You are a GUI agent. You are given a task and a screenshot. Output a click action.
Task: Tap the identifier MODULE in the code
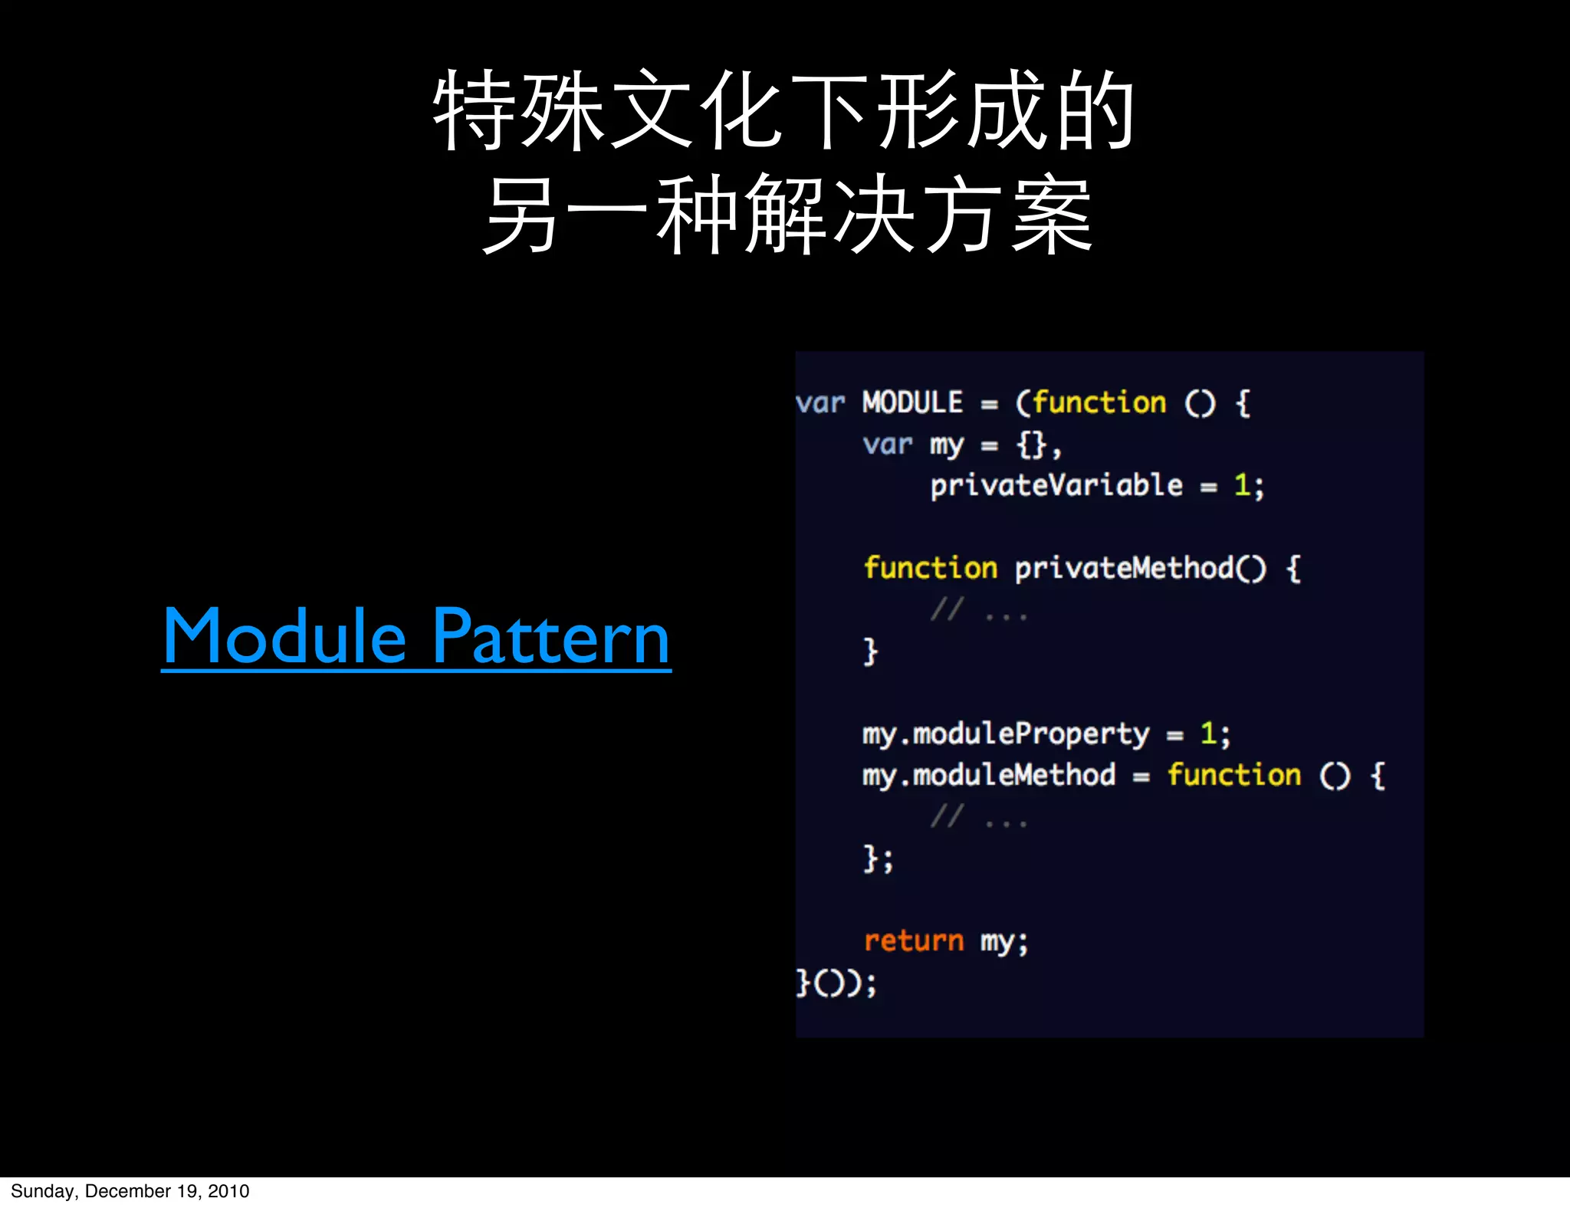[x=912, y=402]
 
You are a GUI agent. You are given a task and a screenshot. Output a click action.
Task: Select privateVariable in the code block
[x=1056, y=486]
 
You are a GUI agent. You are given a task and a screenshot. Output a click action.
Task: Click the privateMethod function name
[x=1124, y=569]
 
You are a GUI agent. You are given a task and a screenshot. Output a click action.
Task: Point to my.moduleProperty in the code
[x=1006, y=734]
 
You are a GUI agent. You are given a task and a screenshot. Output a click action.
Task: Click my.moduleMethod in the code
[x=989, y=776]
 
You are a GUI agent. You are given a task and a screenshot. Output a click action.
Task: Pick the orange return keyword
[x=913, y=941]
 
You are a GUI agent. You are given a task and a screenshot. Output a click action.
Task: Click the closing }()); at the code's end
[x=836, y=983]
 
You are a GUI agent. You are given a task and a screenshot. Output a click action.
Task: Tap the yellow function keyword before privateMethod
[x=930, y=569]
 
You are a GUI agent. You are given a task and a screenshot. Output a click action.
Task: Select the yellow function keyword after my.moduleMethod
[x=1233, y=776]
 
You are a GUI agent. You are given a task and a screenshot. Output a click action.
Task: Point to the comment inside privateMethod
[x=978, y=611]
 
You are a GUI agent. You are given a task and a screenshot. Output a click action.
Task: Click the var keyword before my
[x=887, y=445]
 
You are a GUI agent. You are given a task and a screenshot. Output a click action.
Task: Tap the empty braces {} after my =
[x=1032, y=445]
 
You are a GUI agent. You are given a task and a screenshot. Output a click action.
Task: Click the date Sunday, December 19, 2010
[x=130, y=1191]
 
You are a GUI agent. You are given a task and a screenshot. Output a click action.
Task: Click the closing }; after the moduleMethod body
[x=879, y=858]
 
